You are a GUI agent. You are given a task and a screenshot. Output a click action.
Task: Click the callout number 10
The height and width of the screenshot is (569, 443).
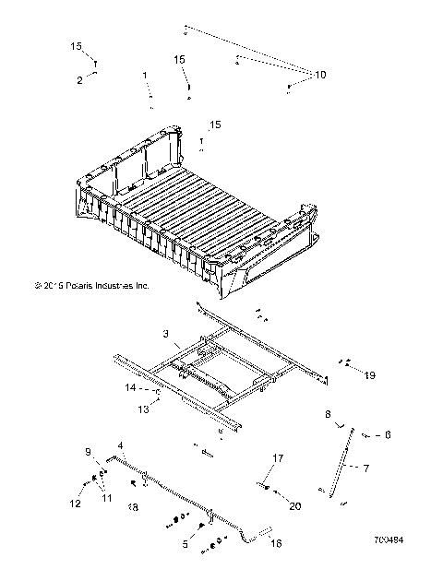[320, 73]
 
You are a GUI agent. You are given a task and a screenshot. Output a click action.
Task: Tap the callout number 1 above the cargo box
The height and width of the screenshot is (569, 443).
[145, 74]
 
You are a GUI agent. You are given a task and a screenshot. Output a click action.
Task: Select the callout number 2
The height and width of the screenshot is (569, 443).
[80, 80]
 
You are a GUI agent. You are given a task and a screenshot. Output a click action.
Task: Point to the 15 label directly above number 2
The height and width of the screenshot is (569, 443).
[76, 45]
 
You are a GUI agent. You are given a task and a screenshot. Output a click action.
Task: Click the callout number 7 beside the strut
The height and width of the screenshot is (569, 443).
[365, 468]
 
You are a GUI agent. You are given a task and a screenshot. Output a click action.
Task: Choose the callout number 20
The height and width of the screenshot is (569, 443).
[295, 505]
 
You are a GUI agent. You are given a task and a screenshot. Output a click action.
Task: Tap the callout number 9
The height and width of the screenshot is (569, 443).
[90, 452]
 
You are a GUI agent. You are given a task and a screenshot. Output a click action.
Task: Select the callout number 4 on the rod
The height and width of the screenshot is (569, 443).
[120, 446]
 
